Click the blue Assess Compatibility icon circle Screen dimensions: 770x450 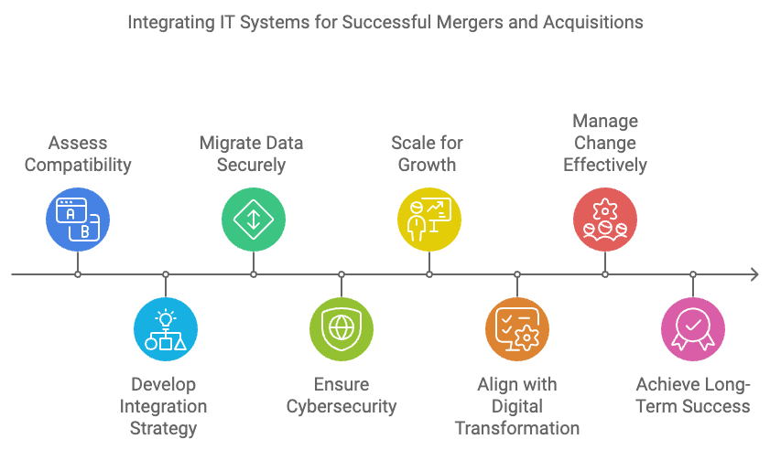coord(78,220)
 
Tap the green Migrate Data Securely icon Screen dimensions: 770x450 coord(254,220)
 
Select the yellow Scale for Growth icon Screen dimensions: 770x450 coord(429,220)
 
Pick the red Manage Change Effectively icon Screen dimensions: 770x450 coord(605,220)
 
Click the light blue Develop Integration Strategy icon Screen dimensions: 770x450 coord(166,329)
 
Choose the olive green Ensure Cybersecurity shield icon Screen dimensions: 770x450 coord(342,329)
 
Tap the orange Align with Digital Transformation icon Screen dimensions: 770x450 coord(517,329)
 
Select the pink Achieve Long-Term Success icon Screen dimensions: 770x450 coord(693,329)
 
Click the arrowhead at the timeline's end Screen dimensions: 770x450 coord(755,274)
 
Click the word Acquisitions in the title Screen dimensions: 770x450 coord(592,23)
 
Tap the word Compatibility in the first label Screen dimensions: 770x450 coord(78,166)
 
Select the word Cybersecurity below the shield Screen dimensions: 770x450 coord(342,407)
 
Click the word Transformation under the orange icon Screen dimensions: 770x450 coord(517,428)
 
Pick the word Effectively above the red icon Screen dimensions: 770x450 coord(605,166)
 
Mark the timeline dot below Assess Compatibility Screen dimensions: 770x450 coord(78,274)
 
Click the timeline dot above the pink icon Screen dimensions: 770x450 coord(693,274)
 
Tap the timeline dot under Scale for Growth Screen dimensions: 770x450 coord(429,274)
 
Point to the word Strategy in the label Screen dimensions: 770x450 coord(164,429)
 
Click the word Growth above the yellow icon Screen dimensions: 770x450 coord(428,165)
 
